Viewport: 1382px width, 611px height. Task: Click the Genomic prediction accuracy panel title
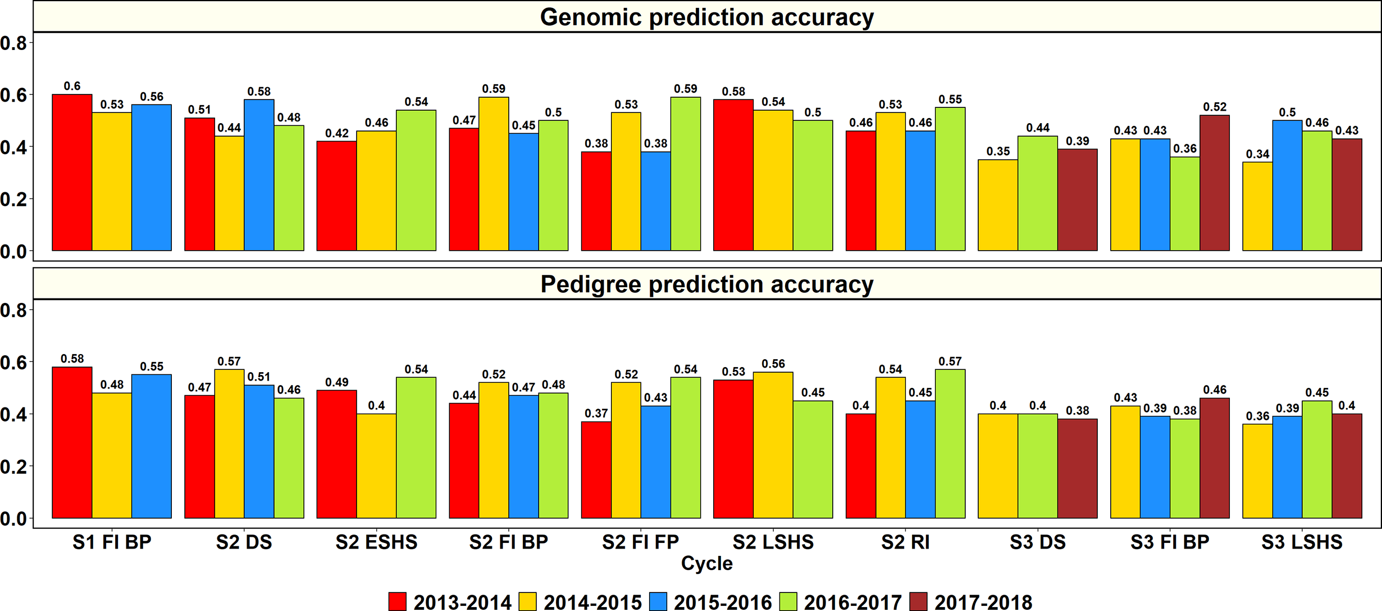click(706, 17)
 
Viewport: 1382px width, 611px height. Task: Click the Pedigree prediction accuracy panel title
click(706, 284)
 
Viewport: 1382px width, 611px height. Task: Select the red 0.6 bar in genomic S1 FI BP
click(72, 173)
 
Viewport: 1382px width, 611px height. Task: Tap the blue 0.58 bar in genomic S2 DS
click(259, 175)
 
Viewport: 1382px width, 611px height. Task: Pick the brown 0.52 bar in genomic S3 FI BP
click(1214, 183)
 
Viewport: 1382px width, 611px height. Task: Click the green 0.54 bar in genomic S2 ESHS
click(416, 180)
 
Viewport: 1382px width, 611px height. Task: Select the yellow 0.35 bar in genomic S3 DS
click(998, 205)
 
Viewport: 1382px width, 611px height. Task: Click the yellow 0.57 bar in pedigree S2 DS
click(229, 444)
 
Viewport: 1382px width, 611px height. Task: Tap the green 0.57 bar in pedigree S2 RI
click(950, 444)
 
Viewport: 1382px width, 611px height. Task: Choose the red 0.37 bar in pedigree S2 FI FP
click(596, 470)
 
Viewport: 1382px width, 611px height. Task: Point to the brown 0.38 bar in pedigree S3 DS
click(1077, 468)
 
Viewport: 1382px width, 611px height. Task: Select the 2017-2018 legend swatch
click(918, 601)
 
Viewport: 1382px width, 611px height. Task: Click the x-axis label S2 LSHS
click(773, 542)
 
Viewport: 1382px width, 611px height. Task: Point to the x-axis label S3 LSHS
click(1302, 542)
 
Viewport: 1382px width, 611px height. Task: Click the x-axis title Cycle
click(706, 563)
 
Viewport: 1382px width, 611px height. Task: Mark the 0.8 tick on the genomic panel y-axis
click(13, 43)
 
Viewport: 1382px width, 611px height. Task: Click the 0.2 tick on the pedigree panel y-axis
click(13, 467)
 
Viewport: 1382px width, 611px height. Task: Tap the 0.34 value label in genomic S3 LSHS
click(1257, 154)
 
